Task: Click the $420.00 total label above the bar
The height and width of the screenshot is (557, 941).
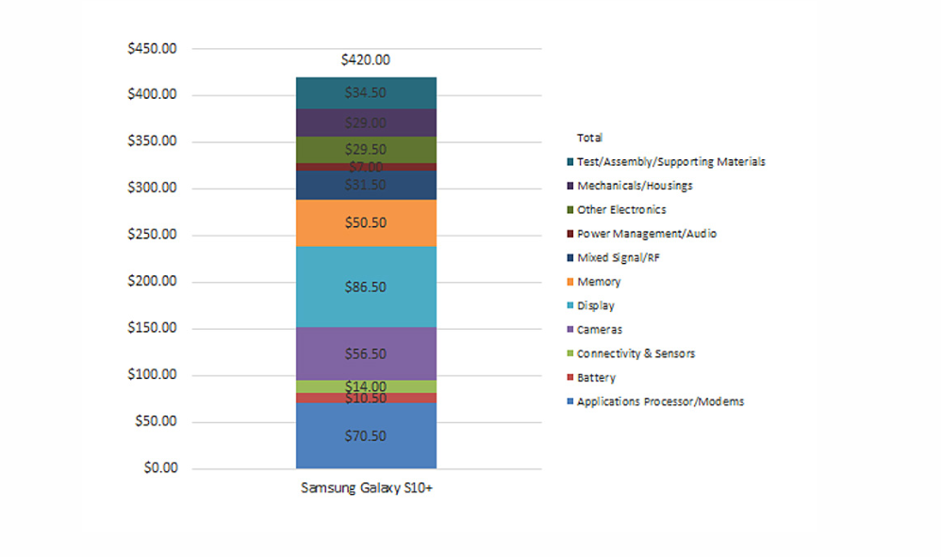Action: (366, 60)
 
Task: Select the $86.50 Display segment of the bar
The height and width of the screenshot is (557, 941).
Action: (366, 287)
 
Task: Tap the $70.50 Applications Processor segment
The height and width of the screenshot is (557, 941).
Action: (366, 435)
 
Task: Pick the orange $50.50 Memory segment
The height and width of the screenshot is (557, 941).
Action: (366, 223)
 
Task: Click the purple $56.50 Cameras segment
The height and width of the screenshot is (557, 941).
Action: (366, 353)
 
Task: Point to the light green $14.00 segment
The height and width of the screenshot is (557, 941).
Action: (366, 386)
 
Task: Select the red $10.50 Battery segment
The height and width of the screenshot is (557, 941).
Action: (366, 398)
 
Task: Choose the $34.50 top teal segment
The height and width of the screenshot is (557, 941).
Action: (366, 93)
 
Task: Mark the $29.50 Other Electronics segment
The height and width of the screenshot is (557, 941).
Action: (366, 150)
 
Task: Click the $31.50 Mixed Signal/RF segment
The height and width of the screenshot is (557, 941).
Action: (366, 186)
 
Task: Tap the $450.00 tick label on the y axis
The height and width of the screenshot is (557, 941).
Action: (152, 49)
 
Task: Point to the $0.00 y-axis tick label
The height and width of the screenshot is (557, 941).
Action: (158, 468)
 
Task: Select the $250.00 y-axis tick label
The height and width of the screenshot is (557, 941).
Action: (152, 236)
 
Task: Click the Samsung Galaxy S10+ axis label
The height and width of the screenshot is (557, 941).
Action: (366, 488)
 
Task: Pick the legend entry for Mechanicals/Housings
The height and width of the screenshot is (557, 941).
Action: (635, 186)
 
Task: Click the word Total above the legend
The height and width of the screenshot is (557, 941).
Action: (589, 138)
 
